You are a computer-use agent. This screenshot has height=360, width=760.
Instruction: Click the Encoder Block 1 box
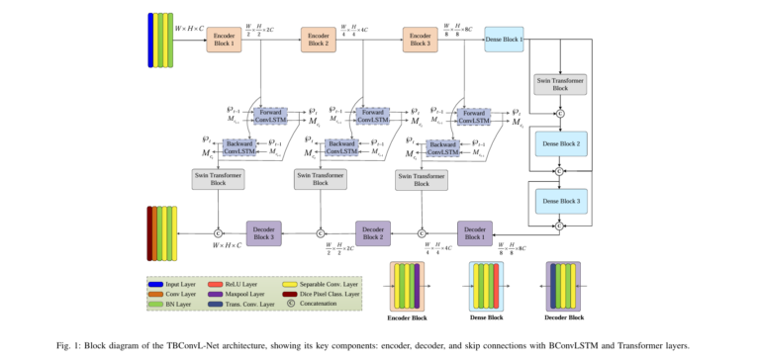pyautogui.click(x=224, y=41)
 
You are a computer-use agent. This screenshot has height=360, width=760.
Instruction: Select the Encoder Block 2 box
pyautogui.click(x=319, y=41)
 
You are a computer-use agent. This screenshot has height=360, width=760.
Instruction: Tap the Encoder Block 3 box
pyautogui.click(x=421, y=41)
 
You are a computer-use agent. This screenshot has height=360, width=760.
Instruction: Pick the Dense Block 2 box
pyautogui.click(x=560, y=143)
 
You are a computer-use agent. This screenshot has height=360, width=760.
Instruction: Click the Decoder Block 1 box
pyautogui.click(x=475, y=232)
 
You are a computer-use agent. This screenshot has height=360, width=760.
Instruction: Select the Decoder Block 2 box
pyautogui.click(x=374, y=232)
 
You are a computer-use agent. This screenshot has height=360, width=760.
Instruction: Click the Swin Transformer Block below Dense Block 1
pyautogui.click(x=560, y=83)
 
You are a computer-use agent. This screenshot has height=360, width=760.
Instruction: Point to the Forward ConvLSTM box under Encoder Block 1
pyautogui.click(x=269, y=116)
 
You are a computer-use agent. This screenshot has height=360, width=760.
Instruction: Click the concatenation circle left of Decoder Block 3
pyautogui.click(x=218, y=232)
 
